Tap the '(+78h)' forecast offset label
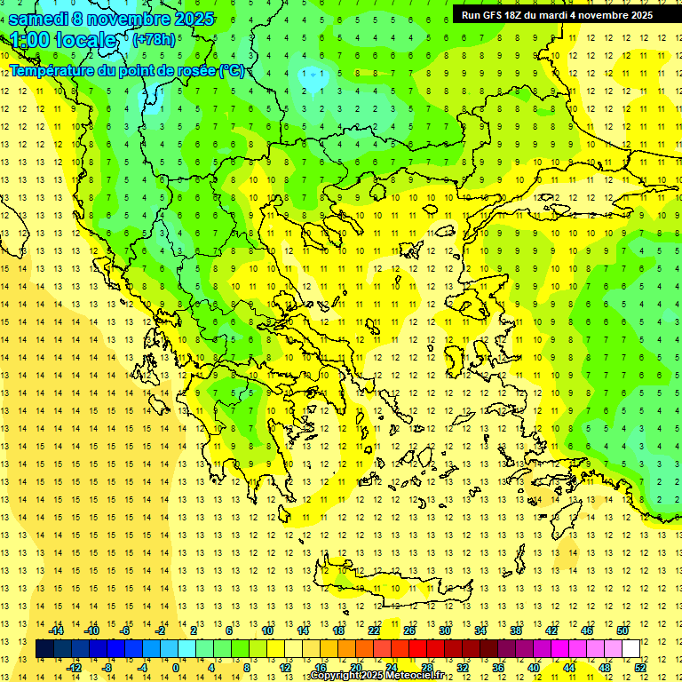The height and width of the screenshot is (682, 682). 154,39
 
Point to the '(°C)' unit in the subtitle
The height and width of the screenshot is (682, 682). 233,70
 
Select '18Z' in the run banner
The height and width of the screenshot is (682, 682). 520,15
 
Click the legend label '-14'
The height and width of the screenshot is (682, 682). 56,630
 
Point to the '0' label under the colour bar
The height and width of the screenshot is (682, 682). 176,668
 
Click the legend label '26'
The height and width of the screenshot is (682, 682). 409,630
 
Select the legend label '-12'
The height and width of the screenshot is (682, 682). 74,668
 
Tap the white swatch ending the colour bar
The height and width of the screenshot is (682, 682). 631,649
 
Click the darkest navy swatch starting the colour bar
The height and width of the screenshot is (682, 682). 44,649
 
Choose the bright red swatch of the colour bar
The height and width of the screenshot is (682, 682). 417,649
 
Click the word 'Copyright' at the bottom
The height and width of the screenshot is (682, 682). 335,676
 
